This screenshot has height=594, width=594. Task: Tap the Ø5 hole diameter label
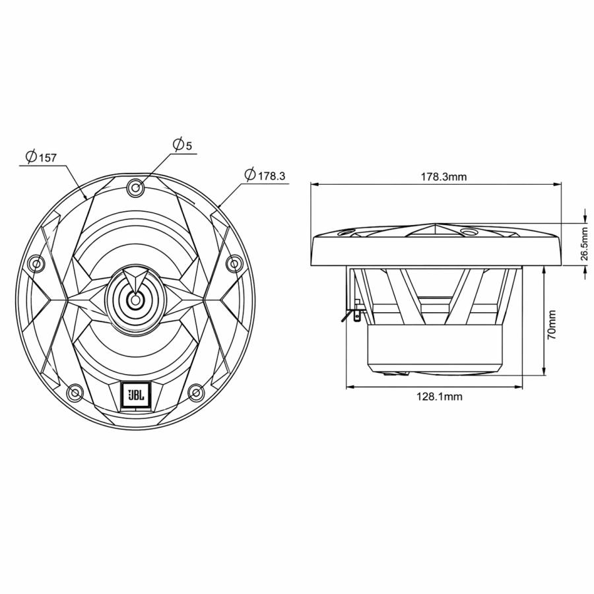tap(181, 145)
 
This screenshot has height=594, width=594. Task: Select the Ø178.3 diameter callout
tap(264, 176)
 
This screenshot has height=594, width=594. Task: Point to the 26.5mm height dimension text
tap(583, 244)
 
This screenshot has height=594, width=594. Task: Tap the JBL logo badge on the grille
tap(135, 395)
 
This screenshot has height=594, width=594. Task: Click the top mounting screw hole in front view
tap(135, 187)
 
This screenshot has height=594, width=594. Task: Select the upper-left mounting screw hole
tap(36, 264)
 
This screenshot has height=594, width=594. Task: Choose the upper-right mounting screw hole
tap(234, 264)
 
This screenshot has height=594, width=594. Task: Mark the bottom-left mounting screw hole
tap(75, 393)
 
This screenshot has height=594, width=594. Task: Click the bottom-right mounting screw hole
tap(195, 393)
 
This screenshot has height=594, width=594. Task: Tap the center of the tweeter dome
tap(135, 300)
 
